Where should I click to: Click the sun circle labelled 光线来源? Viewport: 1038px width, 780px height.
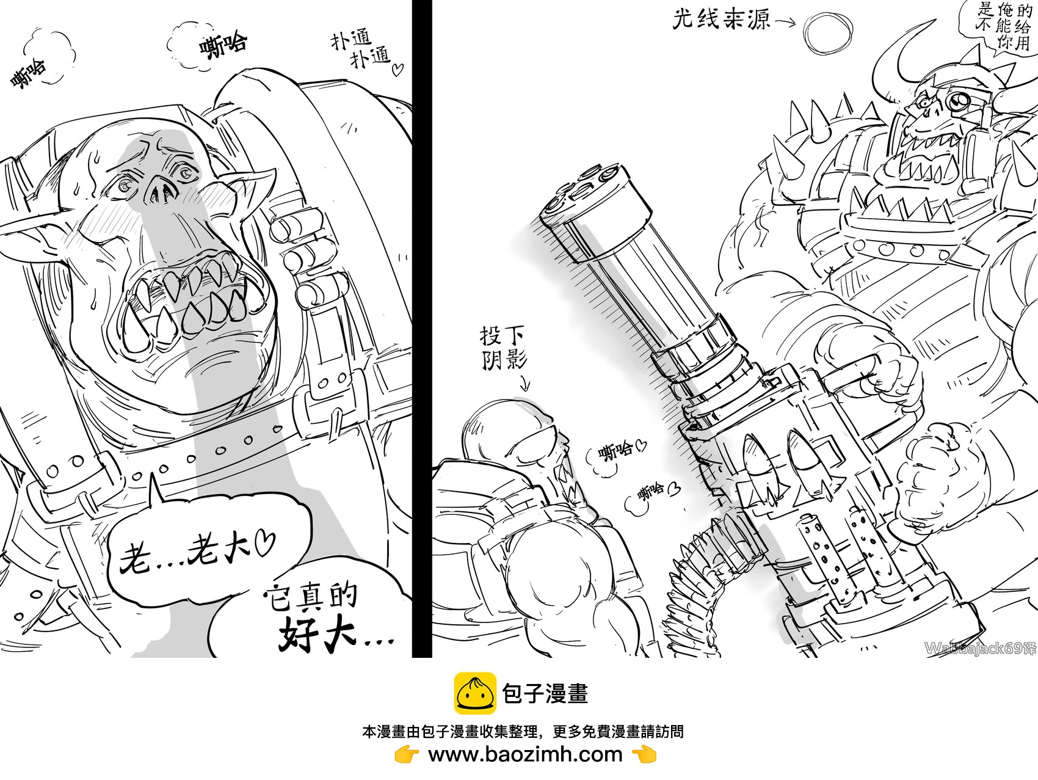(828, 32)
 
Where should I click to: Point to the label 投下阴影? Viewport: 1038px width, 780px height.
(503, 348)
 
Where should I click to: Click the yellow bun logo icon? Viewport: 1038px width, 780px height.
(474, 693)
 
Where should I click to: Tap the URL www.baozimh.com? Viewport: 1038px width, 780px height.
(525, 754)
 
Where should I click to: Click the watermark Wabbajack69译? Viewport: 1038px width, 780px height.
(979, 648)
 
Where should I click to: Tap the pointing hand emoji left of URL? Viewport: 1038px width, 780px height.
(407, 755)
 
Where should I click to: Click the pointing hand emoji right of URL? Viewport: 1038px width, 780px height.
(644, 755)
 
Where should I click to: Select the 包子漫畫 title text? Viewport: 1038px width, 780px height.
(545, 693)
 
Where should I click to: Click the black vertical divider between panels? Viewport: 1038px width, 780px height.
(422, 330)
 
